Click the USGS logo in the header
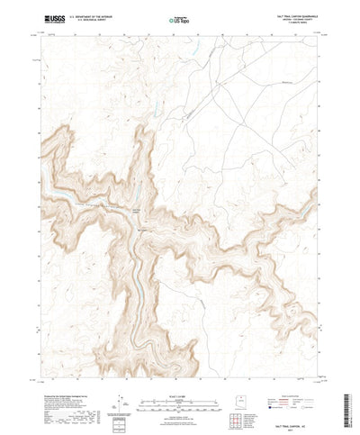pos(42,18)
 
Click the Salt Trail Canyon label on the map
pos(136,209)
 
